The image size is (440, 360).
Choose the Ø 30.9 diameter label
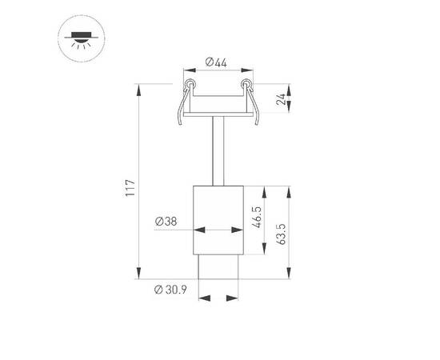pyautogui.click(x=170, y=289)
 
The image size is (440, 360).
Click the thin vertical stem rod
pyautogui.click(x=218, y=152)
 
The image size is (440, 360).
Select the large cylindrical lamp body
pyautogui.click(x=218, y=220)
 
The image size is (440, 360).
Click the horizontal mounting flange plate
pyautogui.click(x=218, y=117)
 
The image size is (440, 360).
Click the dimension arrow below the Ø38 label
pyautogui.click(x=218, y=230)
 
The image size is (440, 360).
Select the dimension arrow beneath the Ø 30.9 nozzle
pyautogui.click(x=218, y=299)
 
